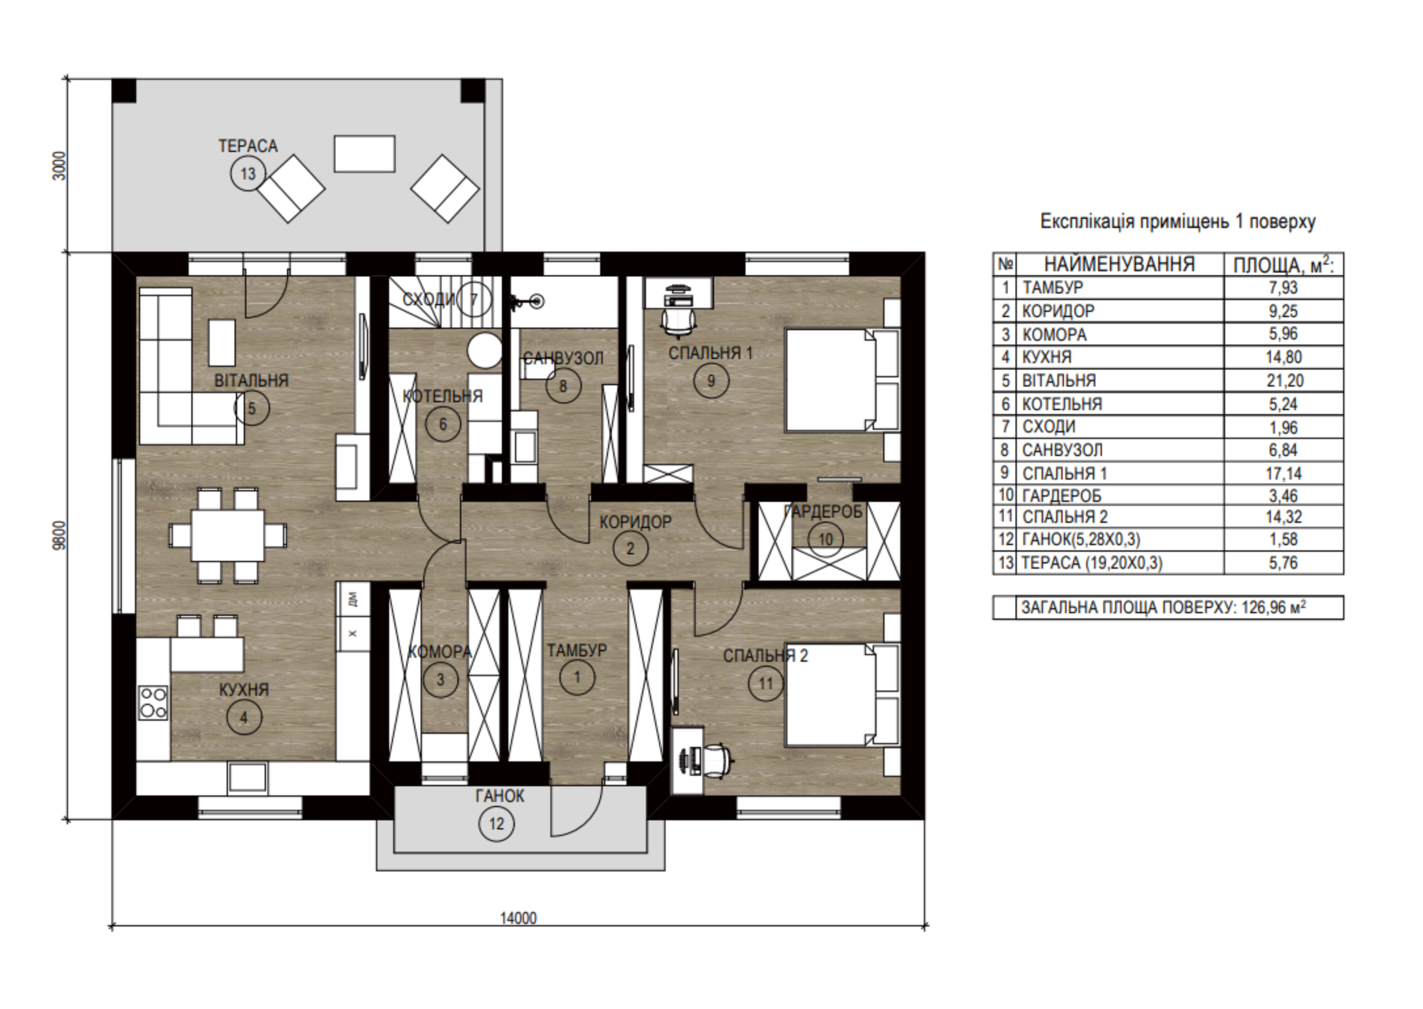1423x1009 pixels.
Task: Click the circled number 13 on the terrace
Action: click(248, 174)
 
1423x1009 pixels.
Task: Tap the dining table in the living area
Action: click(227, 535)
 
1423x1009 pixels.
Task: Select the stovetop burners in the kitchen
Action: click(153, 702)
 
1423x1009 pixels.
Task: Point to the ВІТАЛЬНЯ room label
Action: click(252, 381)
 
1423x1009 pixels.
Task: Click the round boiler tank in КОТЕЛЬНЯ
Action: click(484, 351)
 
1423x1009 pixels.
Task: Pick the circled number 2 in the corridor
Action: click(630, 548)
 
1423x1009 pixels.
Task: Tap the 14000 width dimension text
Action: click(518, 918)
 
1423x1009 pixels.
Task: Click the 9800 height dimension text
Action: click(60, 537)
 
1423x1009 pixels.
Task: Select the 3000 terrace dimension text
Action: click(60, 166)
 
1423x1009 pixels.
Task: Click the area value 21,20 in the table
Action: click(1284, 381)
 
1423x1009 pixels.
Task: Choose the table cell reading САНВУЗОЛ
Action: click(1062, 450)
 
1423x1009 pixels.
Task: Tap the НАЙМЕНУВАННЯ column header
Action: click(1119, 265)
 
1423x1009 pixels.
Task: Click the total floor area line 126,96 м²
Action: click(1163, 607)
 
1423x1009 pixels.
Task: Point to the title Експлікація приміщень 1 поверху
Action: click(1178, 222)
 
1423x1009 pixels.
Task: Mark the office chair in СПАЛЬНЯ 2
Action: click(716, 761)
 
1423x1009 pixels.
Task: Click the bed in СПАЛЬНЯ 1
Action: click(842, 380)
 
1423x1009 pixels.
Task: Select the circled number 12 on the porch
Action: click(497, 824)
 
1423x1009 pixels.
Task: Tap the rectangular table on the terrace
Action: click(364, 154)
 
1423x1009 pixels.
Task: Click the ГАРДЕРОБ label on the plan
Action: click(824, 512)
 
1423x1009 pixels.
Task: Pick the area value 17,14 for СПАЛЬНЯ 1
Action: click(1284, 474)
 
